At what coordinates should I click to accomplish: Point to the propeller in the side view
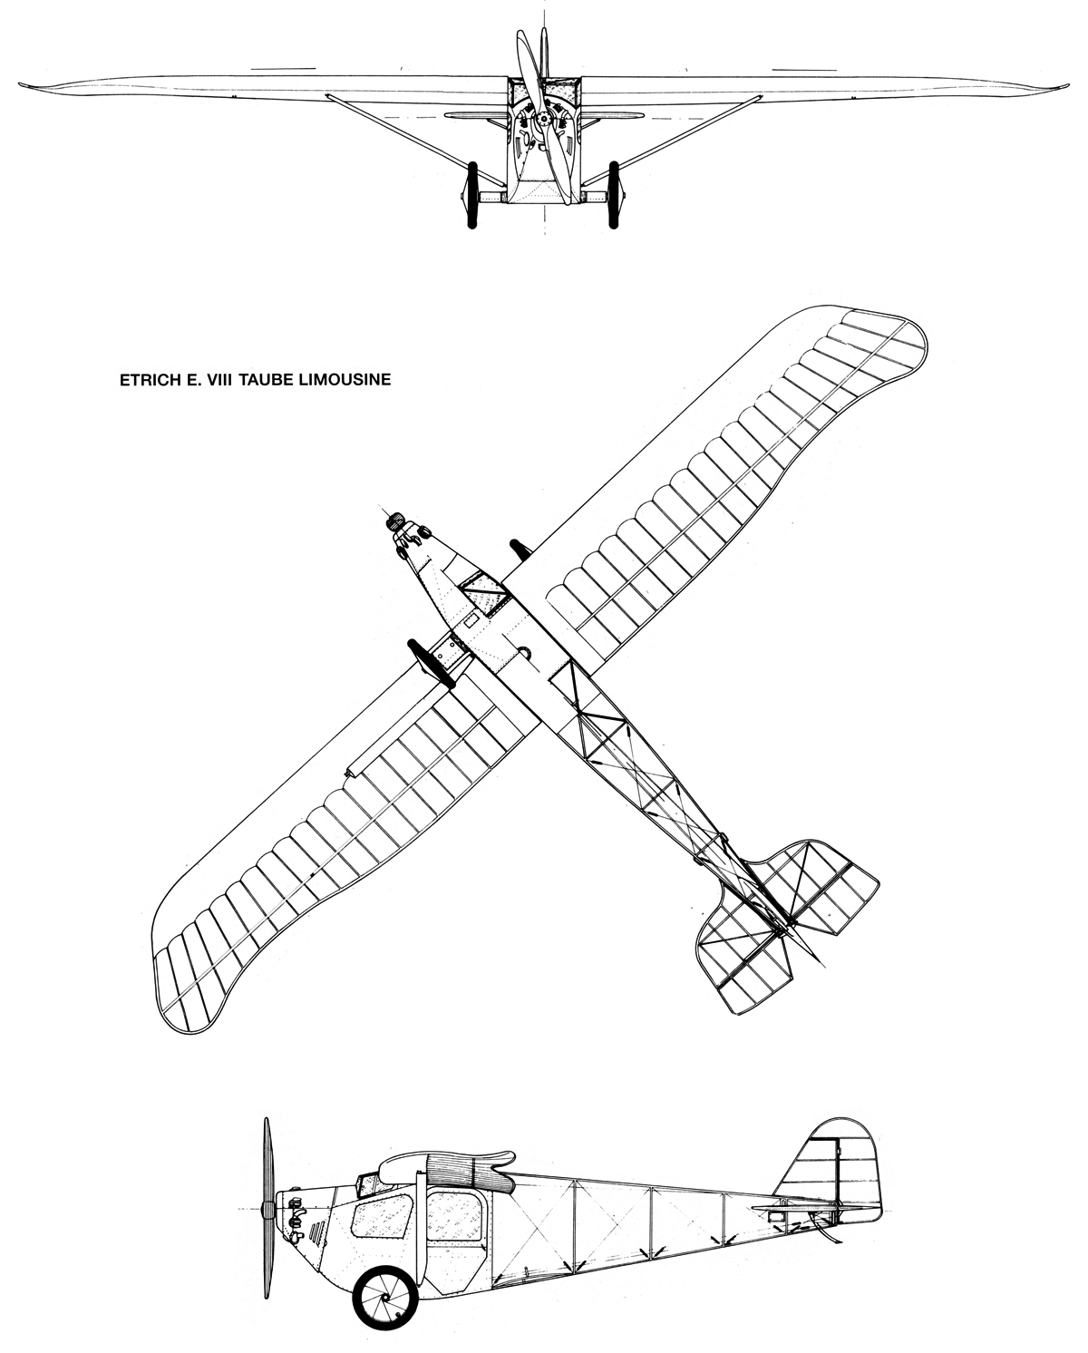(x=267, y=1209)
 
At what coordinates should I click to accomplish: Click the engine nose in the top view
(x=394, y=521)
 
